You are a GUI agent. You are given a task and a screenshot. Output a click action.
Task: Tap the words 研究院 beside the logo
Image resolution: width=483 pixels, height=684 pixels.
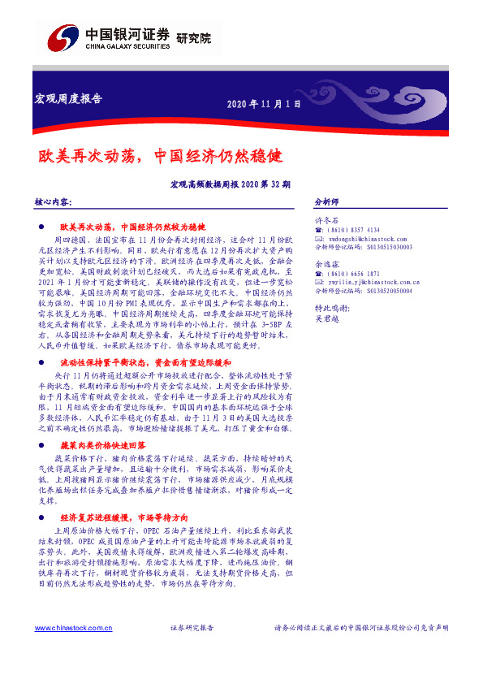coord(193,37)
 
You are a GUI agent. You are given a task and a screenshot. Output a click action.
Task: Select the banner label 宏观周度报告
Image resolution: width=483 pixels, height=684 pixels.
coord(68,99)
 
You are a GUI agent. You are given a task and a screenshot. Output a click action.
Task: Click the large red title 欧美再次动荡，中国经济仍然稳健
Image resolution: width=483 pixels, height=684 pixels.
coord(160,154)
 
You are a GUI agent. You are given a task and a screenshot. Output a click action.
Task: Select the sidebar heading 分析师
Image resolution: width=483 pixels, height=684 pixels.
coord(326,201)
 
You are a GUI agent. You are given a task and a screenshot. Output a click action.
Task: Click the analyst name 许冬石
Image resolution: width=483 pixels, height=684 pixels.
coord(326,220)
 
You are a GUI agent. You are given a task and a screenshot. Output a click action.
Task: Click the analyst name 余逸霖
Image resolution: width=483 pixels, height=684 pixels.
coord(326,264)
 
